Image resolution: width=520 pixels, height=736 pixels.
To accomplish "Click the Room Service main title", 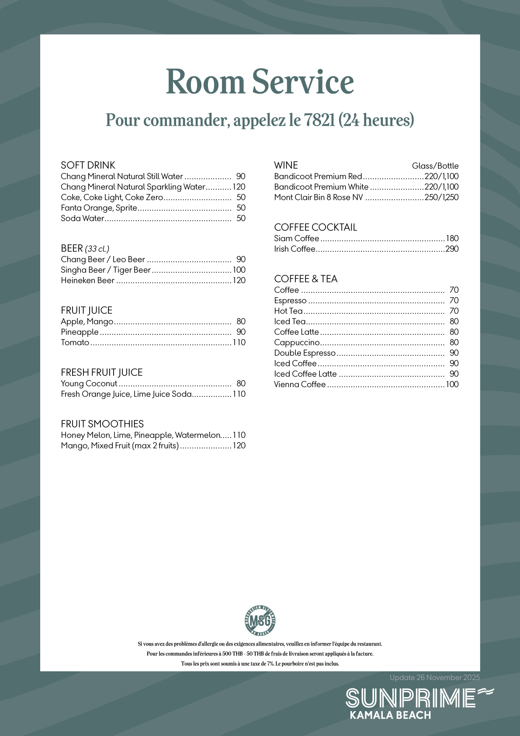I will coord(260,82).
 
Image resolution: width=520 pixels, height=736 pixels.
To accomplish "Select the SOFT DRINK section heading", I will coord(88,165).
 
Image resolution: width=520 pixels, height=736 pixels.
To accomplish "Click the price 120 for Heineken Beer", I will coord(239,280).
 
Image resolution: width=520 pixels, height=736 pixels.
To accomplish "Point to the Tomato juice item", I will coord(75,342).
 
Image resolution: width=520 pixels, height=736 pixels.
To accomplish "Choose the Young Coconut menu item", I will coord(89,383).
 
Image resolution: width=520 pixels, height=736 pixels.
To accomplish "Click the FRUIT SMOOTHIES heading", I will coord(102,424).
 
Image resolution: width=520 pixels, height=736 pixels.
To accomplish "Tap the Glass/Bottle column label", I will coord(435,166).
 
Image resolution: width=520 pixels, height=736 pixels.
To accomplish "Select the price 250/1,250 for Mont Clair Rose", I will coord(441,197).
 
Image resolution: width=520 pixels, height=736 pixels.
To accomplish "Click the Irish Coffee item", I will coord(295,249).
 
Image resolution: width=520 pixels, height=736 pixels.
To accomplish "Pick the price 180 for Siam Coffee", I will coord(452,238).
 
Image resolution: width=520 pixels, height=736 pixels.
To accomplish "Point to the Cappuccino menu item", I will coord(297,342).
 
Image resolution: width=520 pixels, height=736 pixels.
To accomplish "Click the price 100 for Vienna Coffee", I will coord(452,384).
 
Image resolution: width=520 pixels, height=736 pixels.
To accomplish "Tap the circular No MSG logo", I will coord(260,620).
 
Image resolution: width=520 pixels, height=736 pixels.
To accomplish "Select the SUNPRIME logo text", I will coord(411,698).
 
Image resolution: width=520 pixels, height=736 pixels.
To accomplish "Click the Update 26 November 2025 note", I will coord(435,677).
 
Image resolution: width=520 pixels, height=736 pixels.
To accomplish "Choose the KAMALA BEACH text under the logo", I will coord(391,715).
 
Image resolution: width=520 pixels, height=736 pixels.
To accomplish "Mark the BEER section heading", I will coord(72,248).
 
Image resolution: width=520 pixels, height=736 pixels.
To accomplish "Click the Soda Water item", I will coord(83,218).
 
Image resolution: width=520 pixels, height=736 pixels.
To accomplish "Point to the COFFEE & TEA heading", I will coord(306,279).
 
